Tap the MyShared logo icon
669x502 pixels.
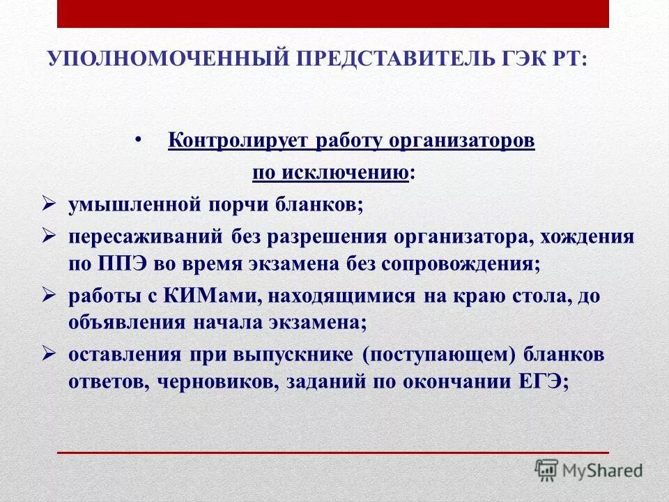pyautogui.click(x=547, y=470)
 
